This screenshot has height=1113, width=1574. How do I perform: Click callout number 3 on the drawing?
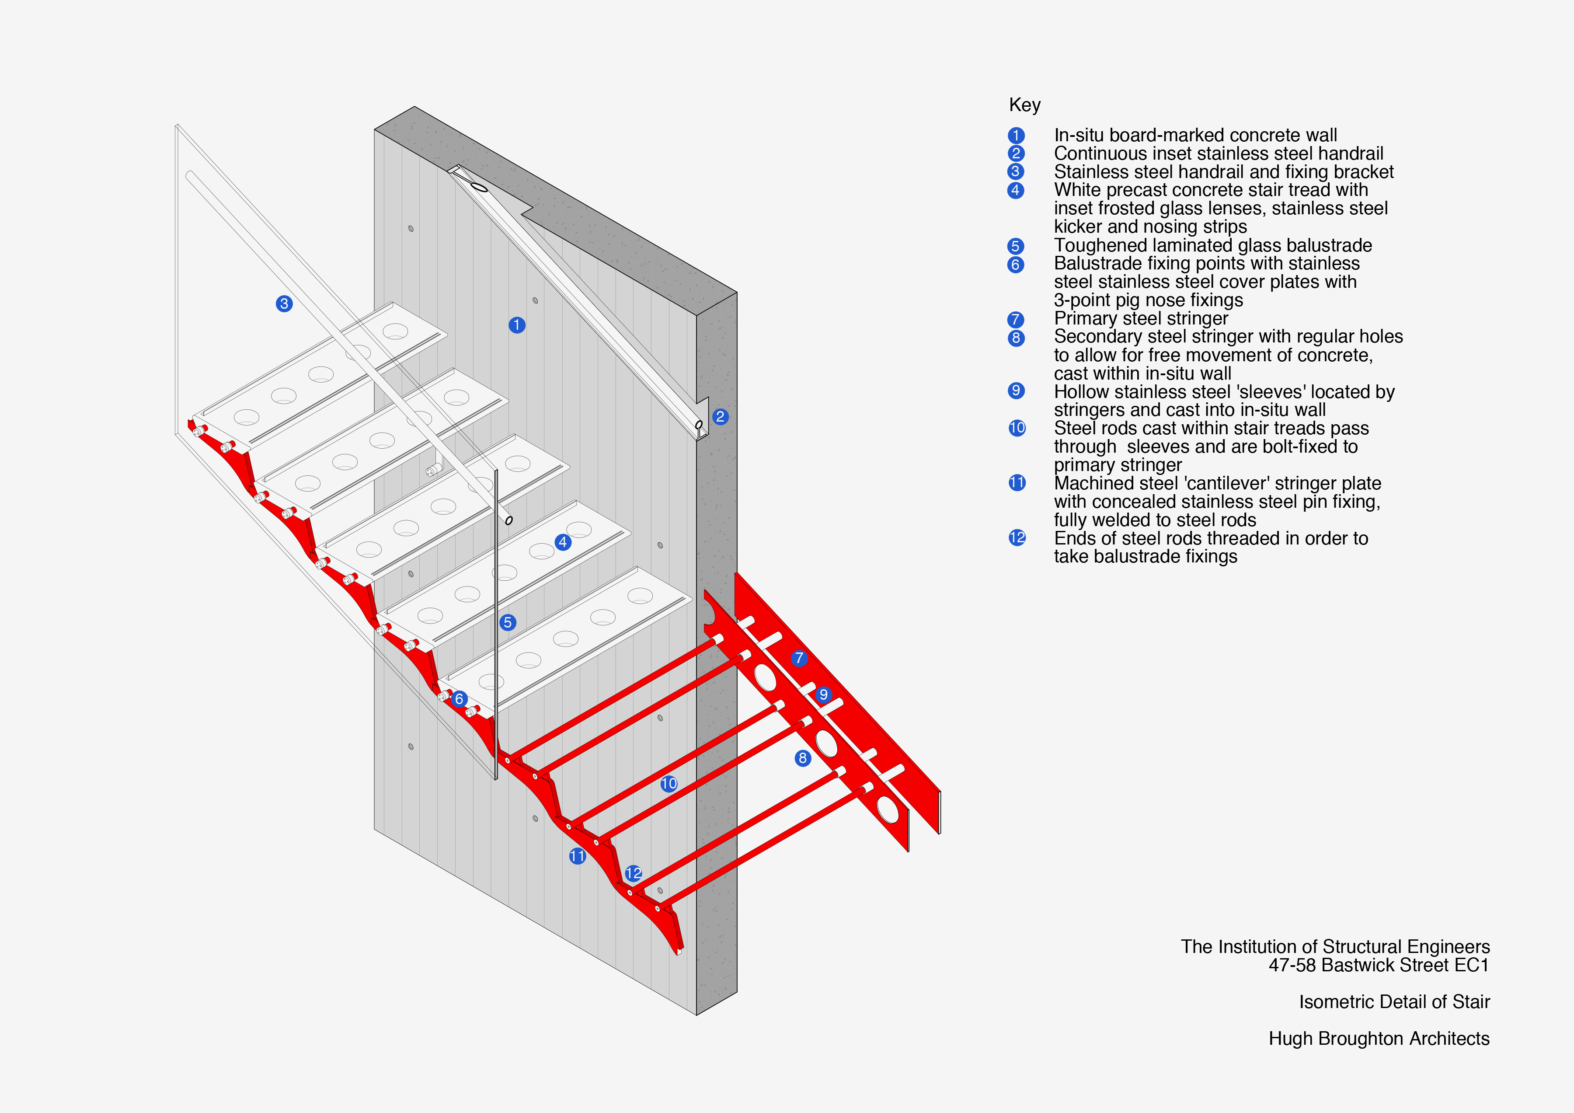click(284, 304)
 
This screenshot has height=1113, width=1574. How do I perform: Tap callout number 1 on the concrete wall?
click(517, 325)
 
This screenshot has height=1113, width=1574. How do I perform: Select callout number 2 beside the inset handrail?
click(720, 416)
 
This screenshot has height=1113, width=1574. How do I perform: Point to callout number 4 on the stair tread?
click(563, 542)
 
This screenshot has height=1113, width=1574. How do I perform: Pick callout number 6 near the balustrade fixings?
click(460, 699)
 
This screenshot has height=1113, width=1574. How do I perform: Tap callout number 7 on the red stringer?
click(799, 658)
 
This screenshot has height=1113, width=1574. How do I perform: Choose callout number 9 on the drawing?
click(823, 694)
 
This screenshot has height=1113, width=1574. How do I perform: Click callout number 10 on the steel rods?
click(669, 783)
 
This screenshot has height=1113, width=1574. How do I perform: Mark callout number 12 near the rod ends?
click(634, 873)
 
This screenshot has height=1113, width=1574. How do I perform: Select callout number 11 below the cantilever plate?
click(577, 856)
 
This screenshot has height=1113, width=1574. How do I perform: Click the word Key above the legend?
click(1024, 105)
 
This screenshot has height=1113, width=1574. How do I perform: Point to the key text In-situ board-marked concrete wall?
click(1195, 135)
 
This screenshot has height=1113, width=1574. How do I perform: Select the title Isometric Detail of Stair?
click(1394, 1002)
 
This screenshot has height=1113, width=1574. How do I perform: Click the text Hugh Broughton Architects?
click(1379, 1038)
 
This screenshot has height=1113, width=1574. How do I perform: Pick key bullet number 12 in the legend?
click(1017, 537)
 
